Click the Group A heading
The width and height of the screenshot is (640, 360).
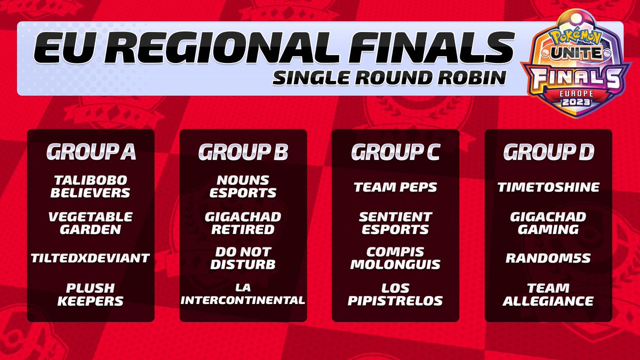point(91,151)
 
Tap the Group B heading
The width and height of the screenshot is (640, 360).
point(243,151)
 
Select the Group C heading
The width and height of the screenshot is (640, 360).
point(396,151)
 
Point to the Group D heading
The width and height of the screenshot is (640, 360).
point(549,151)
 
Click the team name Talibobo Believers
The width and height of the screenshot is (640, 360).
point(90,187)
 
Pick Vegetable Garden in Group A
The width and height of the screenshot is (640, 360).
point(90,223)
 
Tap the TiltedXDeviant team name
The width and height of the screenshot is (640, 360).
point(90,258)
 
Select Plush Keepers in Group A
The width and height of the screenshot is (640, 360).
point(90,294)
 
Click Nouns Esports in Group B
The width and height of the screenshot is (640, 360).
point(243,187)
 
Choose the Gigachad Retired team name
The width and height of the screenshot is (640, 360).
point(243,223)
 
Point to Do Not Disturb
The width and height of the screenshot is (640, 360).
point(243,258)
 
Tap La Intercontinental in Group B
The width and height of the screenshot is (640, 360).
point(243,294)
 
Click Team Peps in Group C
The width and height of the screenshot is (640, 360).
point(395,187)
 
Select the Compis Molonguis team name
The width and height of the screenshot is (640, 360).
point(395,258)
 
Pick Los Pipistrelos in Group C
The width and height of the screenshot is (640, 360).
point(395,294)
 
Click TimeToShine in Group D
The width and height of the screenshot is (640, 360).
point(549,187)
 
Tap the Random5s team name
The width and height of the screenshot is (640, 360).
point(548,258)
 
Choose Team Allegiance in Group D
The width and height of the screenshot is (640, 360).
point(548,294)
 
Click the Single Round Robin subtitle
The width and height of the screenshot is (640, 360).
point(389,77)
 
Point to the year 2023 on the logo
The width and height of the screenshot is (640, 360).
point(576,102)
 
